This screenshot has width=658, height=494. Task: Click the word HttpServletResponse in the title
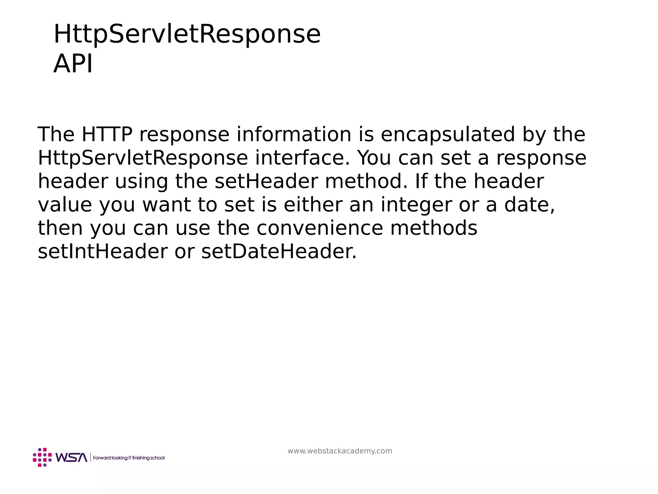click(187, 34)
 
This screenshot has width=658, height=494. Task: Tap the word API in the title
click(73, 64)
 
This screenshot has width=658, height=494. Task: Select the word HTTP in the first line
click(107, 134)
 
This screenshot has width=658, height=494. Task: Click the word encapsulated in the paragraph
click(448, 134)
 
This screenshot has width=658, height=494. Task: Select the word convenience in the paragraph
click(320, 228)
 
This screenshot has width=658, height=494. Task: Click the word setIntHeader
click(102, 252)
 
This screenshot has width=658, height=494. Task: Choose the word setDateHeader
click(279, 252)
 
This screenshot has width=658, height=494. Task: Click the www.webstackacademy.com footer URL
click(340, 451)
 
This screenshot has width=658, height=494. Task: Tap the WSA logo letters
click(71, 457)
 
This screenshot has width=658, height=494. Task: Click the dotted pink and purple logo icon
click(42, 457)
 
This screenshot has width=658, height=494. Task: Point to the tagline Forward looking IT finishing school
click(129, 458)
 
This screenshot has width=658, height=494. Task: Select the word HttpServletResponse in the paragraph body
click(143, 158)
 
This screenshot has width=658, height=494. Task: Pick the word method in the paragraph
click(366, 181)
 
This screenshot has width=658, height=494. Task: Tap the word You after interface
click(374, 158)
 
